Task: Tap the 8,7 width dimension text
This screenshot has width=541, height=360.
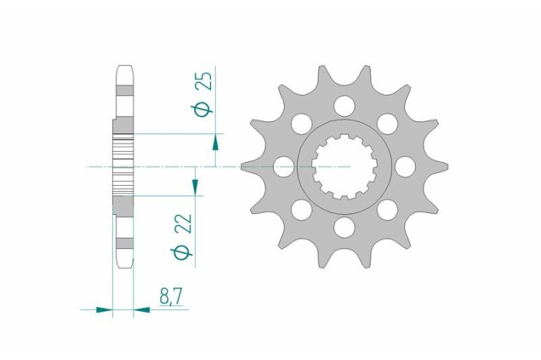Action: tap(170, 297)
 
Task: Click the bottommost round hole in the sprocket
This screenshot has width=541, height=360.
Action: tap(345, 226)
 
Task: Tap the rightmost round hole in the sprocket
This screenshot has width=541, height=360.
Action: tap(405, 166)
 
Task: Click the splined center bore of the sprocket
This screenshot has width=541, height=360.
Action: tap(345, 166)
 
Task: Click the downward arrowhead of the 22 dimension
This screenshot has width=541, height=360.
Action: tap(195, 187)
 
